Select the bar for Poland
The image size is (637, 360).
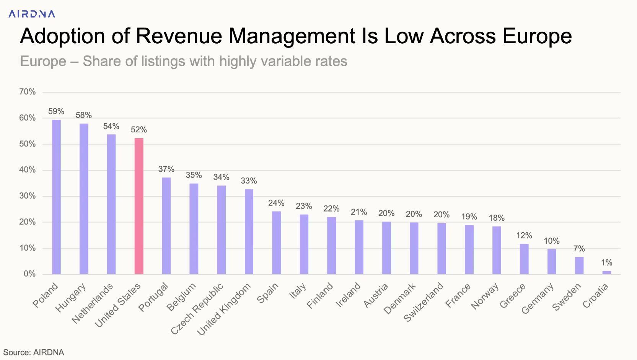pyautogui.click(x=56, y=197)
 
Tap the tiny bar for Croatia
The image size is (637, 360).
pyautogui.click(x=607, y=272)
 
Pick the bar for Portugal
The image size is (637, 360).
pyautogui.click(x=166, y=226)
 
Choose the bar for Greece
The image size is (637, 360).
pyautogui.click(x=524, y=259)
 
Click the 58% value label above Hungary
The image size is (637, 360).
pyautogui.click(x=83, y=115)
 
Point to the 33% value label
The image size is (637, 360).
pyautogui.click(x=249, y=181)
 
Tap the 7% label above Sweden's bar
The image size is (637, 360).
pyautogui.click(x=579, y=249)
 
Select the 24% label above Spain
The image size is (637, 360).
pyautogui.click(x=276, y=203)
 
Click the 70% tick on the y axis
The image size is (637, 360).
pyautogui.click(x=27, y=92)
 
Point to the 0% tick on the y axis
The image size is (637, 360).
pyautogui.click(x=29, y=274)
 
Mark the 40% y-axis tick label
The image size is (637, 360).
pyautogui.click(x=27, y=170)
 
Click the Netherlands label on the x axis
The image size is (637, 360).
pyautogui.click(x=93, y=303)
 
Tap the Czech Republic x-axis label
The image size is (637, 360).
pyautogui.click(x=197, y=309)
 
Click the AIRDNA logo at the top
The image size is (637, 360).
pyautogui.click(x=32, y=14)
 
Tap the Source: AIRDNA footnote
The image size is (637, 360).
pyautogui.click(x=34, y=352)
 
